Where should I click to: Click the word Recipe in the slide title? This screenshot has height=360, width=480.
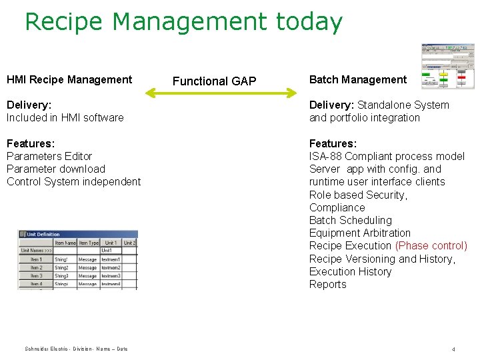click(x=64, y=23)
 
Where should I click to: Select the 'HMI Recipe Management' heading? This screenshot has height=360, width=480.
click(x=69, y=79)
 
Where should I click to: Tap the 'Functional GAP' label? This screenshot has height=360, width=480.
click(x=214, y=81)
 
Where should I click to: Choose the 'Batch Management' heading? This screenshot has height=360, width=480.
click(x=357, y=79)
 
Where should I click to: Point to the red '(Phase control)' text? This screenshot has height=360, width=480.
click(x=431, y=246)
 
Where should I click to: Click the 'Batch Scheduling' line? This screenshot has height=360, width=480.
click(x=350, y=220)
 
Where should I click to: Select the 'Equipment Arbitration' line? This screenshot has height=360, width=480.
click(x=359, y=233)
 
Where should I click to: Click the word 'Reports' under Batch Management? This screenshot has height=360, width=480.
click(x=327, y=284)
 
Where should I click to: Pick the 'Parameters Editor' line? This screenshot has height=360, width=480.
click(x=49, y=156)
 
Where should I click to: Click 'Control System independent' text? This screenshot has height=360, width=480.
click(x=73, y=181)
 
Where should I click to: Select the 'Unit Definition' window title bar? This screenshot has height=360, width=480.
click(x=77, y=234)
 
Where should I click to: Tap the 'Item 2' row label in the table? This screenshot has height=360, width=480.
click(x=36, y=267)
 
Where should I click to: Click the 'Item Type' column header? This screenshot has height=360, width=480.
click(x=88, y=243)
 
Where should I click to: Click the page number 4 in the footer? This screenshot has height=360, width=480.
click(x=453, y=349)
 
